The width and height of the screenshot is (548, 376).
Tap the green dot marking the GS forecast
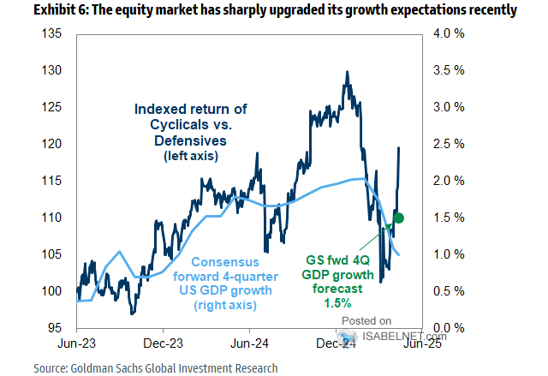[399, 218]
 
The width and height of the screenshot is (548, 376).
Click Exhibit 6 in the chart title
[38, 10]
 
